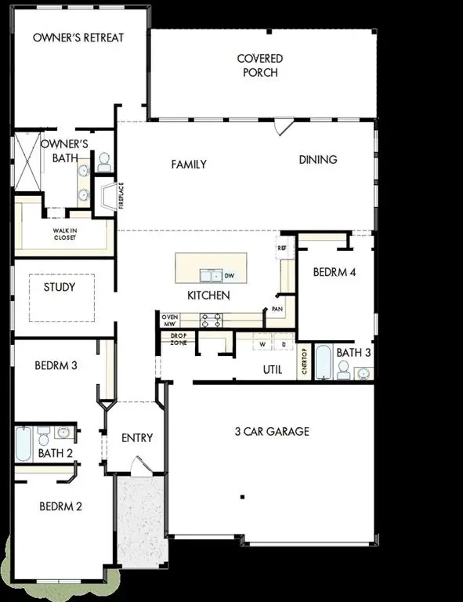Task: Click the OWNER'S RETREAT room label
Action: pos(78,38)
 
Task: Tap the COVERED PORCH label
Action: pos(259,66)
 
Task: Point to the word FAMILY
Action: pos(189,165)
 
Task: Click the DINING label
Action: pos(318,160)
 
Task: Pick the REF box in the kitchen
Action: pos(283,248)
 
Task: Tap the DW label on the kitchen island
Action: pos(230,276)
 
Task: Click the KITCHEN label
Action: pos(208,296)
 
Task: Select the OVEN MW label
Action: pos(170,319)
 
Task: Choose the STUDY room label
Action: pos(60,287)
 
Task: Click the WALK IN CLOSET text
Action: pos(65,234)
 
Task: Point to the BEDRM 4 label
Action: pos(335,273)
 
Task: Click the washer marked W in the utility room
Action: pos(262,345)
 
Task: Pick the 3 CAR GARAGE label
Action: pos(272,431)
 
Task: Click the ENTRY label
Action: pos(137,437)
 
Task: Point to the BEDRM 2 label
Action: pos(61,506)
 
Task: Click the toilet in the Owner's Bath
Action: pos(103,163)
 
